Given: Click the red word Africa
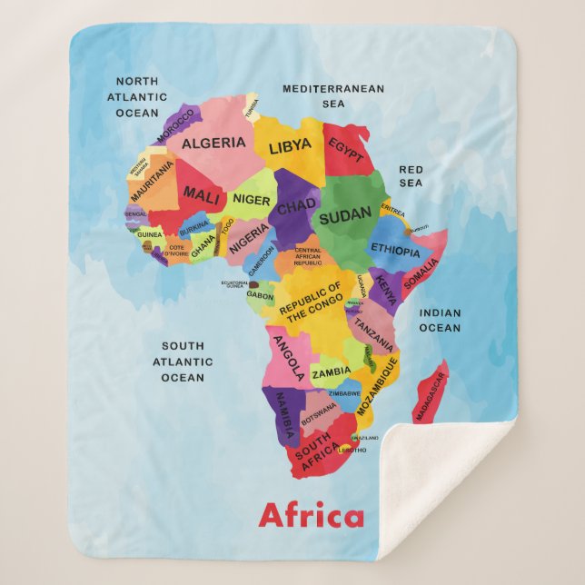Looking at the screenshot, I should click(311, 516).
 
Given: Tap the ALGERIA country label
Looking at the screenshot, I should click(213, 143).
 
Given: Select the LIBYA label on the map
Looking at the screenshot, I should click(290, 144).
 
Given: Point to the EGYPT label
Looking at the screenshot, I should click(345, 146).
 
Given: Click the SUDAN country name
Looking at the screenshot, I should click(344, 214).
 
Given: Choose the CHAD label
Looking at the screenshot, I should click(296, 208).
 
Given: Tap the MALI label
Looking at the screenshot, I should click(202, 193).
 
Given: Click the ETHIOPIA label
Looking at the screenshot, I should click(395, 251).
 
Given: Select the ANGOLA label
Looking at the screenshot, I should click(288, 357).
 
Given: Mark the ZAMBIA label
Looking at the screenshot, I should click(331, 372).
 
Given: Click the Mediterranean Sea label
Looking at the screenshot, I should click(333, 96).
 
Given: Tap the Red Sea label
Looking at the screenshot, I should click(411, 176).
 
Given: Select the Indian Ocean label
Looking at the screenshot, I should click(440, 320).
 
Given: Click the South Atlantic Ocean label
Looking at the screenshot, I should click(183, 362).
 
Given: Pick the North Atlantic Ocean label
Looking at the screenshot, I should click(137, 97).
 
